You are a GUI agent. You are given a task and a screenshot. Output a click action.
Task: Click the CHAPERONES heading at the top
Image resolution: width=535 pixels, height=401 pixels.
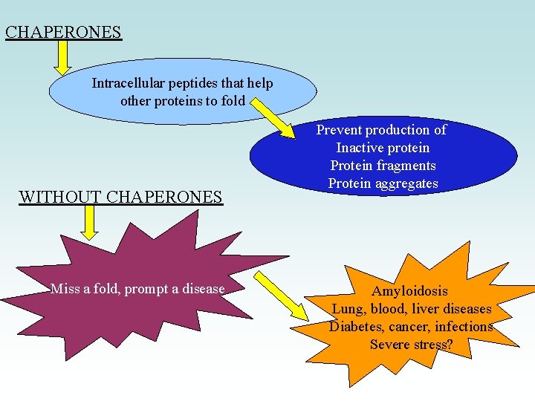62,33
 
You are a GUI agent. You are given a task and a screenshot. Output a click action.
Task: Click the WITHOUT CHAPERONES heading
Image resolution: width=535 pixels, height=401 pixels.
120,197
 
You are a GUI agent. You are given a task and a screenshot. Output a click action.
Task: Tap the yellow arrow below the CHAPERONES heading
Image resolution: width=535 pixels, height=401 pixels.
64,57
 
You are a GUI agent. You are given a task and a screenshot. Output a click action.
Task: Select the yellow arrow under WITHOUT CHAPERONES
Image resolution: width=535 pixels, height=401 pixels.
90,222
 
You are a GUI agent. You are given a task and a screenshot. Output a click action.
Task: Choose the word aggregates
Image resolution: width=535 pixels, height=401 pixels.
406,183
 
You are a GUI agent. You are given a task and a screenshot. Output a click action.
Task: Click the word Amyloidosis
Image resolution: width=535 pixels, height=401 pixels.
410,291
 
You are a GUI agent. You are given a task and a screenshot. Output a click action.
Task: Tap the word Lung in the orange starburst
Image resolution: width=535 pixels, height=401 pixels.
347,309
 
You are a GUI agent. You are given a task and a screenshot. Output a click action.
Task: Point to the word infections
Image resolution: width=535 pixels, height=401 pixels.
464,327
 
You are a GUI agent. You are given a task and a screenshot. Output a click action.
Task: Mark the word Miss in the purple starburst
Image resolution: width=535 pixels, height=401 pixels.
63,289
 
